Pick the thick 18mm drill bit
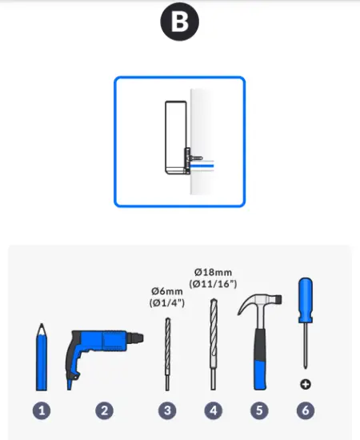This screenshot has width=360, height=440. tap(213, 344)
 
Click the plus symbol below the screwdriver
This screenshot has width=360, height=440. tap(305, 385)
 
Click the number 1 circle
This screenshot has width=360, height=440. tap(42, 411)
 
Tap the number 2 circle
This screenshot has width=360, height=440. tap(104, 411)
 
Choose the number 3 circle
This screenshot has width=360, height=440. tap(167, 411)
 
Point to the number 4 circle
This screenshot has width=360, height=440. tap(213, 411)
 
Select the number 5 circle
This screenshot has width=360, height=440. tap(258, 411)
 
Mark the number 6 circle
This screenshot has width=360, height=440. tap(305, 411)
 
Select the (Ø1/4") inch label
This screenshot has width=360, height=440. tap(167, 304)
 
